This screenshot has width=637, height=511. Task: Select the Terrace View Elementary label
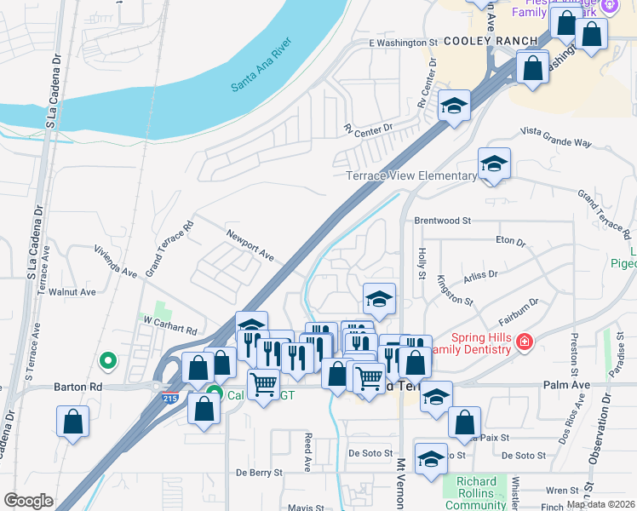(x=411, y=176)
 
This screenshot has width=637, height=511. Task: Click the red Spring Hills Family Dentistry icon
(x=525, y=342)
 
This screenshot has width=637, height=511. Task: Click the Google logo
(x=28, y=501)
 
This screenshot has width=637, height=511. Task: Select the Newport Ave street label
(x=250, y=244)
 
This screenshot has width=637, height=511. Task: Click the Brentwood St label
(x=442, y=221)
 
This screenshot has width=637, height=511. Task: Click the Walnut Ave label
(x=72, y=291)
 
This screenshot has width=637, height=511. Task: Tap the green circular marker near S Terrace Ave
(x=107, y=361)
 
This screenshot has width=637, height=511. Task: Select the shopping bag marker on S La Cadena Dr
(x=73, y=420)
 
